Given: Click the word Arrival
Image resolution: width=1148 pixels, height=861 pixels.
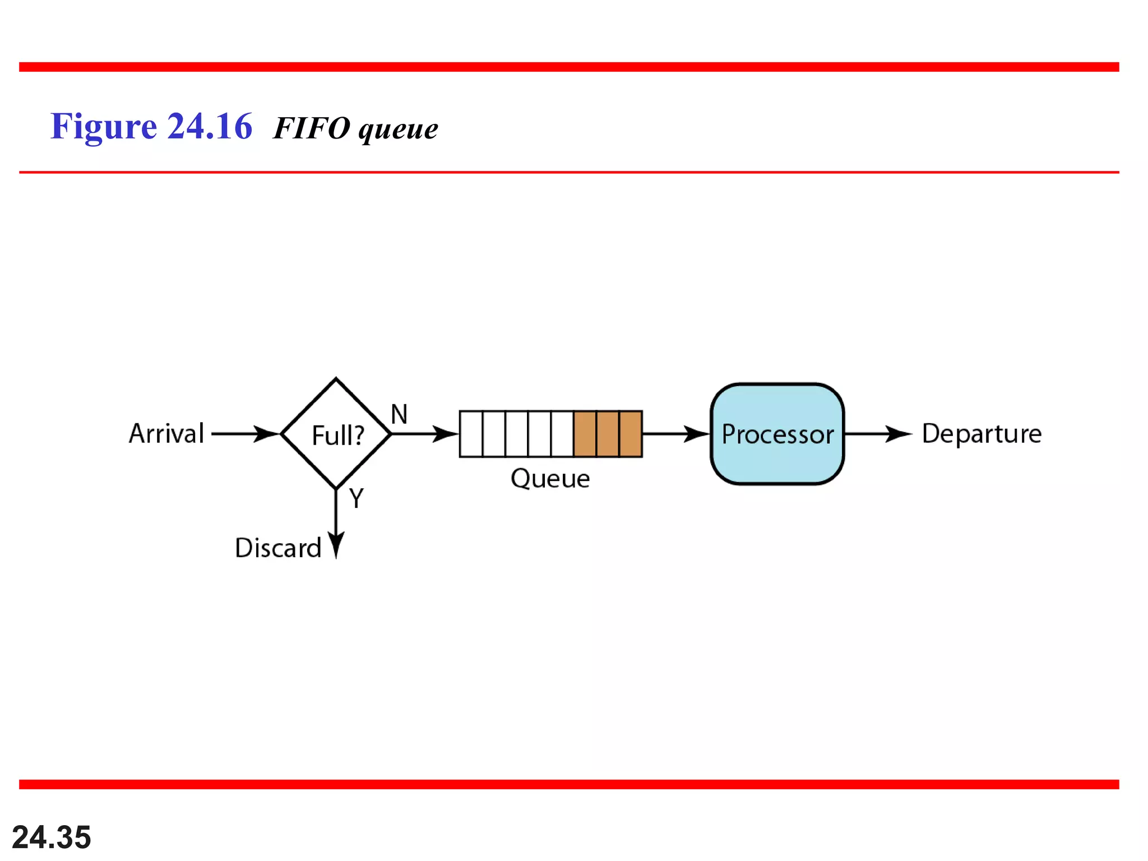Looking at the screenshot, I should pyautogui.click(x=166, y=434).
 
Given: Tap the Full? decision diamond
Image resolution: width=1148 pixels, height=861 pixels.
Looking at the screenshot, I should pyautogui.click(x=336, y=434).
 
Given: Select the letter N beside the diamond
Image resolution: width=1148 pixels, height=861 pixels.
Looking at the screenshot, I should pyautogui.click(x=399, y=415).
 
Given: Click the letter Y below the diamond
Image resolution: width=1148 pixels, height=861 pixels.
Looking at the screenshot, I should pyautogui.click(x=357, y=498).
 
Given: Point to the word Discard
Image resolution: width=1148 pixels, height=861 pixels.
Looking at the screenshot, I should pyautogui.click(x=278, y=548).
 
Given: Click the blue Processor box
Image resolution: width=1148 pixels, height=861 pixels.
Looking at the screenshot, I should pyautogui.click(x=777, y=434).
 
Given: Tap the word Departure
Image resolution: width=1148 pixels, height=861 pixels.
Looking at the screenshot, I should pyautogui.click(x=982, y=434).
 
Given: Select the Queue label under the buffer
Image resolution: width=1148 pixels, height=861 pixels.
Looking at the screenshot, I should pyautogui.click(x=550, y=479).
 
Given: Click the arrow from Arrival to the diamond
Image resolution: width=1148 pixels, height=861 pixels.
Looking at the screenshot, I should pyautogui.click(x=244, y=434).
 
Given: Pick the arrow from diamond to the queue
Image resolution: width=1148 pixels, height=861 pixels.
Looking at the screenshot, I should pyautogui.click(x=424, y=434).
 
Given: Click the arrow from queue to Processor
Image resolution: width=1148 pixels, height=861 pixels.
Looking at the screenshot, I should pyautogui.click(x=675, y=434).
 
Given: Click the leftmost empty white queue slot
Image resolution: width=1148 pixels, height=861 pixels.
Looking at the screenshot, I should pyautogui.click(x=471, y=434).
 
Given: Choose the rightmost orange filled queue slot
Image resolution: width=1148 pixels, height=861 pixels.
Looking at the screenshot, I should pyautogui.click(x=631, y=434).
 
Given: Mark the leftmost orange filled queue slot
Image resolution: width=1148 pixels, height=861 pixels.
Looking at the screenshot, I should pyautogui.click(x=585, y=434).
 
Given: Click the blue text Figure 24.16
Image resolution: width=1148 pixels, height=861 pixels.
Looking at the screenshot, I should pyautogui.click(x=151, y=127).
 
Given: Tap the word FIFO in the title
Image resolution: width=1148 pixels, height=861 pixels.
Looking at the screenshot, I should pyautogui.click(x=312, y=128).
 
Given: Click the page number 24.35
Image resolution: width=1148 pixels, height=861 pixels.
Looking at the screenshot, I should pyautogui.click(x=52, y=837).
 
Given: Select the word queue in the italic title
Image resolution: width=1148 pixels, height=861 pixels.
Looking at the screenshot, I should pyautogui.click(x=398, y=130).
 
